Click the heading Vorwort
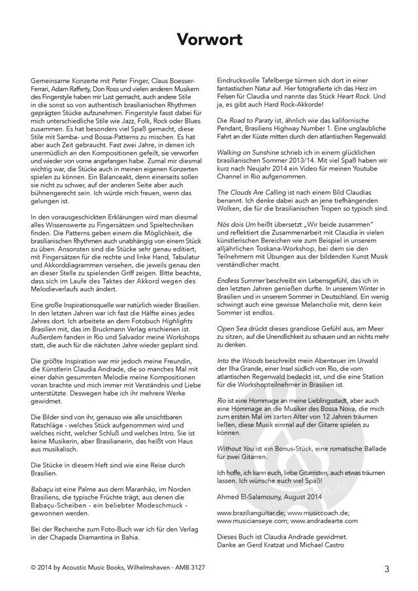tap(209, 40)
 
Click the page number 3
tap(387, 569)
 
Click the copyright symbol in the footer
tap(33, 569)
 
